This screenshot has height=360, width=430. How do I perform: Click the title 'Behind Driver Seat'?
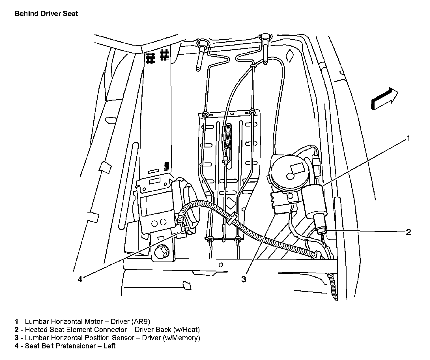pyautogui.click(x=46, y=14)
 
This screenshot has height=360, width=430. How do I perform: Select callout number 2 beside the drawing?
pyautogui.click(x=408, y=232)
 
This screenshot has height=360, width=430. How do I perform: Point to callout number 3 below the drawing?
pyautogui.click(x=244, y=279)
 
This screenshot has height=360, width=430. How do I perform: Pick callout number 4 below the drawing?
pyautogui.click(x=80, y=279)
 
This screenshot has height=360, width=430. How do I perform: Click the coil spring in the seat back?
pyautogui.click(x=227, y=136)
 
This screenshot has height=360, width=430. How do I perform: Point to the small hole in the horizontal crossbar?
pyautogui.click(x=221, y=265)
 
